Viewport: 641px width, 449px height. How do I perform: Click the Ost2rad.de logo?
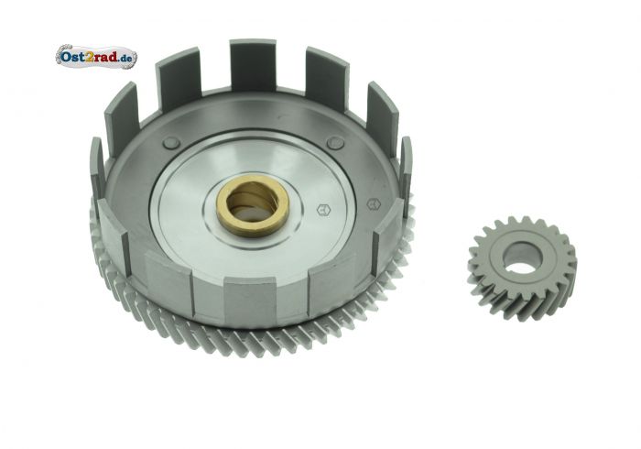[96, 57]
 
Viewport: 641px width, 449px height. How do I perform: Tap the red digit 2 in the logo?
[91, 56]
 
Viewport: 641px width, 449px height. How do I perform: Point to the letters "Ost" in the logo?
[72, 57]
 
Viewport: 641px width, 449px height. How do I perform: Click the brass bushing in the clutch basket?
[253, 204]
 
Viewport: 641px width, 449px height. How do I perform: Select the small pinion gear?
[523, 268]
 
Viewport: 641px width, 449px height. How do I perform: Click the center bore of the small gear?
[523, 258]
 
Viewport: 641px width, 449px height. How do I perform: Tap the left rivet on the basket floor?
[171, 143]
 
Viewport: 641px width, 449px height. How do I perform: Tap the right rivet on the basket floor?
[335, 142]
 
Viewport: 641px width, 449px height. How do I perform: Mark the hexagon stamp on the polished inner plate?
[324, 210]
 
